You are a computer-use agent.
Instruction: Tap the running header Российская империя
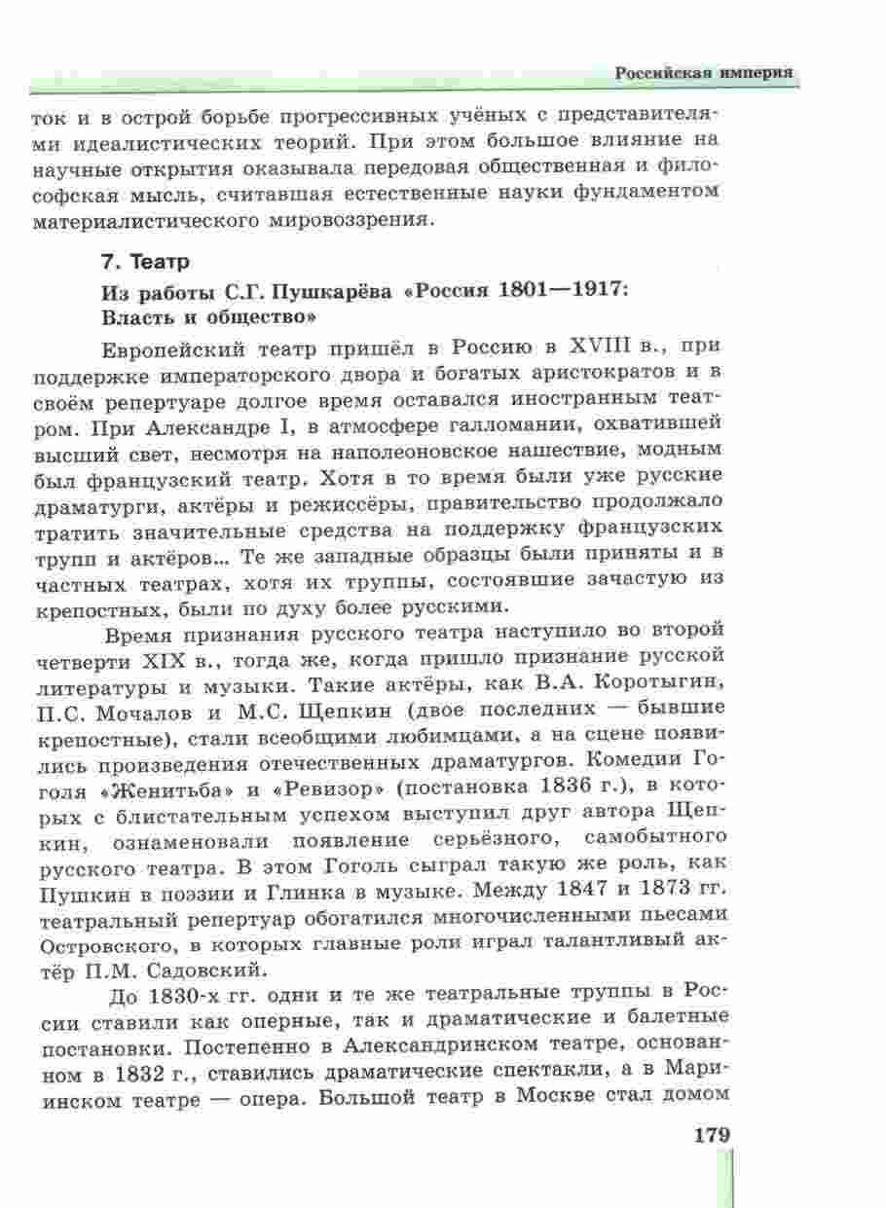click(703, 74)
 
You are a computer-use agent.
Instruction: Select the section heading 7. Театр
click(147, 262)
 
